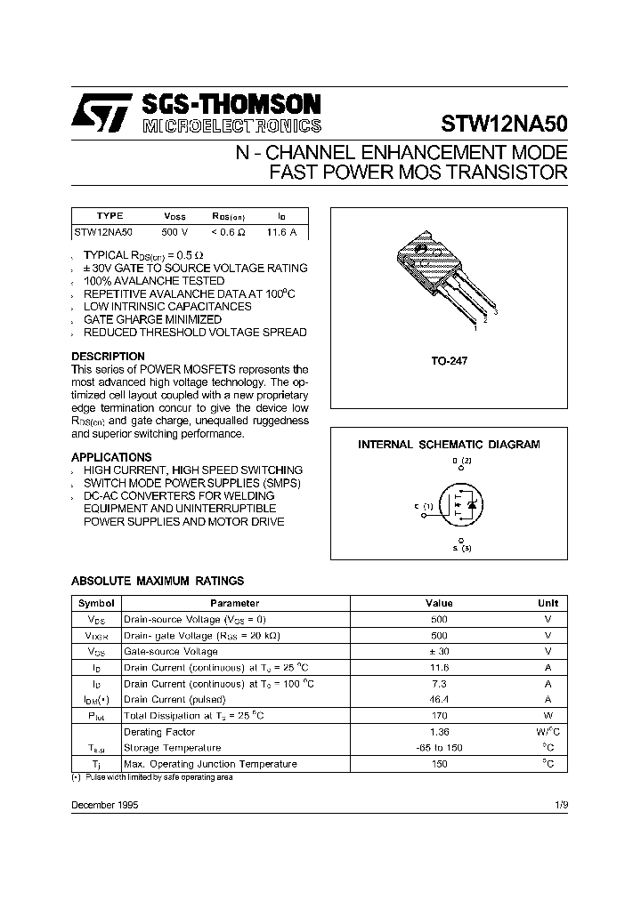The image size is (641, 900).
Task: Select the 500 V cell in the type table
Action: coord(175,232)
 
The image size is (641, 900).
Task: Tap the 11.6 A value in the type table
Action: coord(281,232)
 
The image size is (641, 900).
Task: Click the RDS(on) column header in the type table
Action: coord(228,216)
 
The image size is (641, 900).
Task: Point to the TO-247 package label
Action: coord(449,362)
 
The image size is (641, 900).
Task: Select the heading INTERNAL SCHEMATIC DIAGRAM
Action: coord(449,444)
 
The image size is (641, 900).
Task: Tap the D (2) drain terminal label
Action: coord(460,461)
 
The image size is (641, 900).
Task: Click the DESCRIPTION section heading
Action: coord(108,357)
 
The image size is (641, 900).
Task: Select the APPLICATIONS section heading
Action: coord(111,457)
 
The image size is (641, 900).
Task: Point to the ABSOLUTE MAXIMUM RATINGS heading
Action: coord(158,581)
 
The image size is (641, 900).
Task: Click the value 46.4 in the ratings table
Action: coord(439,700)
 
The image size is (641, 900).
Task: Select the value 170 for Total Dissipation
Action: coord(439,715)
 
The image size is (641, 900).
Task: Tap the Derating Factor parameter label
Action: coord(159,732)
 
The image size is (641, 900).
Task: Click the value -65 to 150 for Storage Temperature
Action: coord(439,748)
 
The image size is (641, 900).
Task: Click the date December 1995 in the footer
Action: coord(104,804)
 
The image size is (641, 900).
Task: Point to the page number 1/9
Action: coord(560,804)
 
